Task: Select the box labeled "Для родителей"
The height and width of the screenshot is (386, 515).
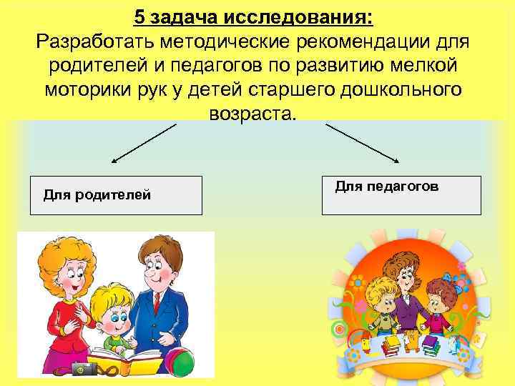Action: [115, 195]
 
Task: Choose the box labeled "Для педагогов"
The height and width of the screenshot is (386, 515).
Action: [401, 195]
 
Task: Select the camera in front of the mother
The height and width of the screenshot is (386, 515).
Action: [84, 367]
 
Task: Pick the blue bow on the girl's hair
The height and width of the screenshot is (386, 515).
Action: [448, 280]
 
